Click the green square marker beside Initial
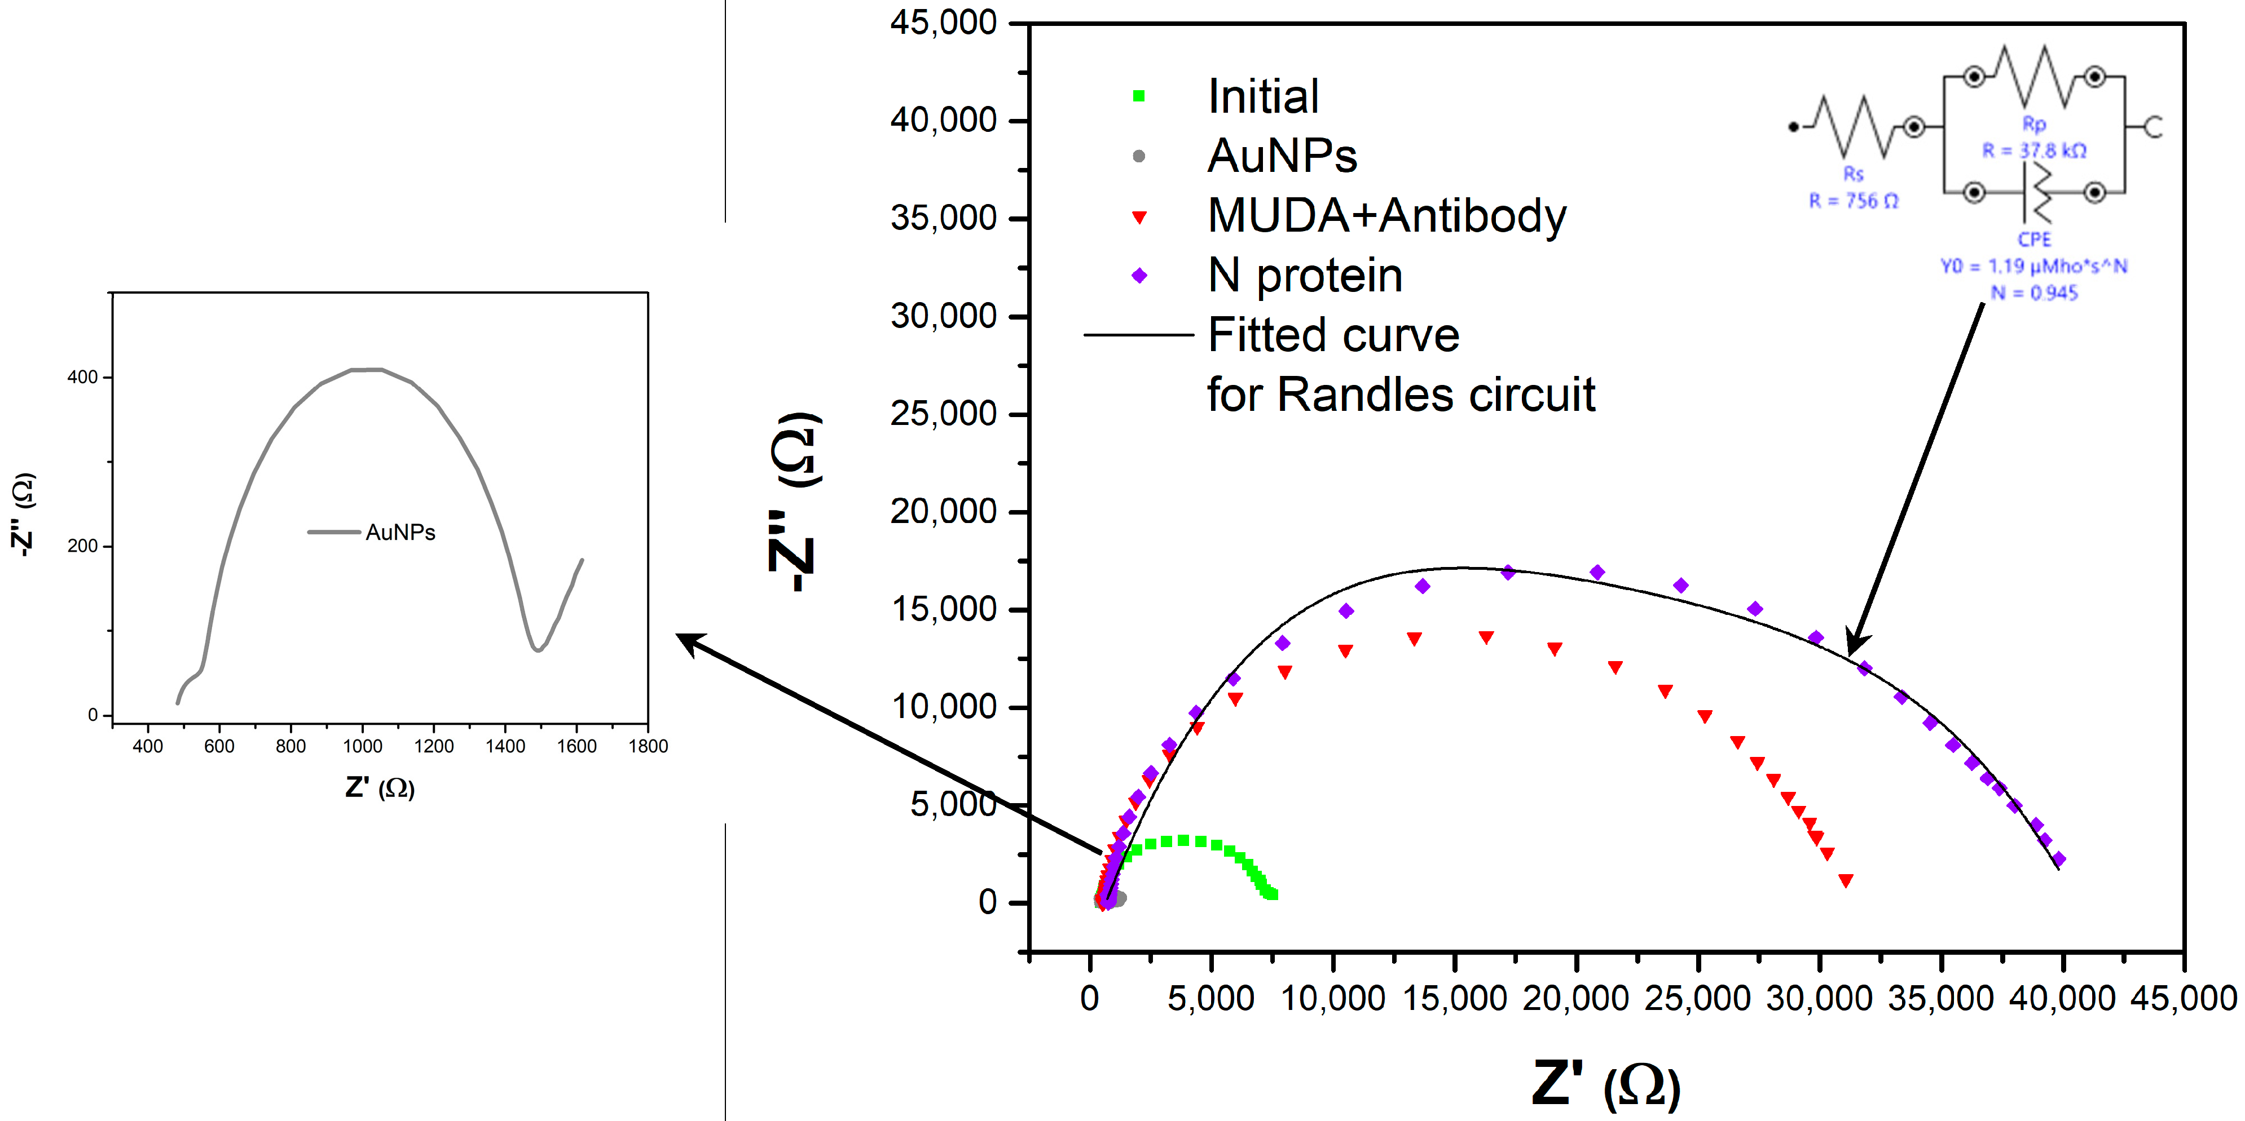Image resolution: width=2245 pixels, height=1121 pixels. (x=1138, y=96)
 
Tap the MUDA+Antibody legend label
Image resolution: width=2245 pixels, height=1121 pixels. (x=1386, y=215)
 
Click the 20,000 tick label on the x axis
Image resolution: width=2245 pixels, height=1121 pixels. (x=1575, y=998)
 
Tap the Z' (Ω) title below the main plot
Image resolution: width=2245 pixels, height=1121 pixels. (x=1605, y=1084)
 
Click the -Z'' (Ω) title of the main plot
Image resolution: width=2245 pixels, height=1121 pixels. (x=793, y=502)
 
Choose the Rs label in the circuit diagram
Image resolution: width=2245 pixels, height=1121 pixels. (x=1853, y=174)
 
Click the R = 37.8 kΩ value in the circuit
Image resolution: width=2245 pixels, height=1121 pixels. (x=2034, y=150)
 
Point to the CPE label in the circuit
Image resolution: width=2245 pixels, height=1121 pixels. (x=2034, y=238)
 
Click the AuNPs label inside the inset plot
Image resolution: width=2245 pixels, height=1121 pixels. (x=400, y=532)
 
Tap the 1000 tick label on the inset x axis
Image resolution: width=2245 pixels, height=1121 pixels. (x=363, y=746)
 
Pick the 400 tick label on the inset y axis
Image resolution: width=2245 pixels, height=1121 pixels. (x=83, y=377)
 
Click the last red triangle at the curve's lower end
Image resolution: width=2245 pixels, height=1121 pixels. (x=1845, y=880)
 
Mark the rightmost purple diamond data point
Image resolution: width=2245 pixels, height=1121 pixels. (x=2059, y=859)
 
